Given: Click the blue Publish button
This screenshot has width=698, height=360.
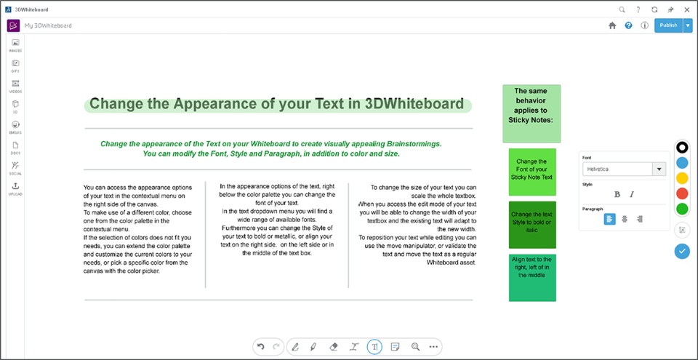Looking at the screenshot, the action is click(x=668, y=25).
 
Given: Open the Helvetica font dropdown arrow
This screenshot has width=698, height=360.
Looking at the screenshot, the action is click(x=659, y=169).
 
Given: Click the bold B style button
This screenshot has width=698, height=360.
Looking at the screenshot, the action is click(x=617, y=194).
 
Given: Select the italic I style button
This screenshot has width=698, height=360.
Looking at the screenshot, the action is click(x=632, y=194).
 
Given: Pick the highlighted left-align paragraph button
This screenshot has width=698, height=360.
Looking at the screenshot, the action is click(x=610, y=219).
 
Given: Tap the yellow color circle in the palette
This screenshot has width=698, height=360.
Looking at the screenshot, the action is click(x=682, y=178).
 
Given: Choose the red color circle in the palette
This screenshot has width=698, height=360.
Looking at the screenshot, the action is click(x=682, y=193).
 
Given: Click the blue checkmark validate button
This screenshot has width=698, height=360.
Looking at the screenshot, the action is click(x=682, y=251).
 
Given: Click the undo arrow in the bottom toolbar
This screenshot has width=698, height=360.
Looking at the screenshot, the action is click(x=261, y=347).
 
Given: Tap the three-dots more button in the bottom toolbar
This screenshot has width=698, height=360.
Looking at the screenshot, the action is click(x=433, y=347).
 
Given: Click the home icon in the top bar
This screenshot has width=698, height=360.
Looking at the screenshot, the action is click(x=612, y=26).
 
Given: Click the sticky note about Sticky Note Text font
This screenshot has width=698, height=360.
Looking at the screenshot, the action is click(x=532, y=172).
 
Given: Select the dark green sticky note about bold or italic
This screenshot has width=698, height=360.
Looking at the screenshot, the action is click(x=532, y=225).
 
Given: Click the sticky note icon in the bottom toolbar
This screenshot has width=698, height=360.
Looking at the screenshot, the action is click(x=394, y=347).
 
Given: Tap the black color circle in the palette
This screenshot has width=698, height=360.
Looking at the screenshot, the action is click(x=682, y=148).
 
